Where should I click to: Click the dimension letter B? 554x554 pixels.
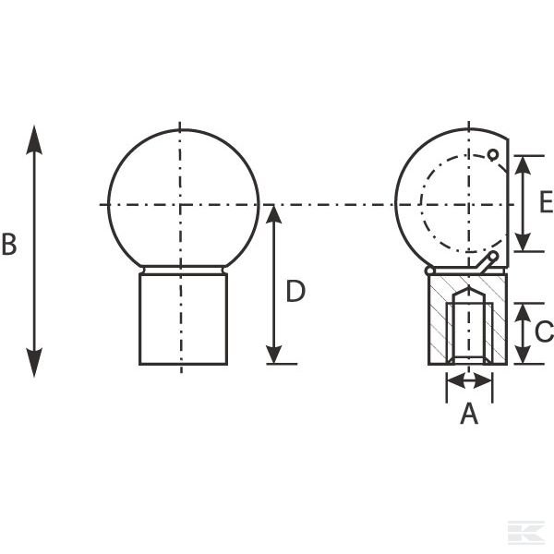(9, 244)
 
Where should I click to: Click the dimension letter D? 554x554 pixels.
(295, 291)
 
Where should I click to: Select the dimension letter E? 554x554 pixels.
(547, 201)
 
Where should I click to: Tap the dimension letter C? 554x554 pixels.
(545, 331)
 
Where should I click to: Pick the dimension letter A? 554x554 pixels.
(469, 413)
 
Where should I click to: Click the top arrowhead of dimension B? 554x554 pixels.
(34, 140)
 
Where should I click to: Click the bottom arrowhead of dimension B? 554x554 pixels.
(34, 363)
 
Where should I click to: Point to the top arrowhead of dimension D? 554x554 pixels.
(274, 214)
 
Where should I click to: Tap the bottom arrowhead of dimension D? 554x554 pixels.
(274, 355)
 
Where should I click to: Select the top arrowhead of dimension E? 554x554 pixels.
(523, 165)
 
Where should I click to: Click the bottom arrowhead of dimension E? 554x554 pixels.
(523, 242)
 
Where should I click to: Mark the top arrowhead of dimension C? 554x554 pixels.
(523, 312)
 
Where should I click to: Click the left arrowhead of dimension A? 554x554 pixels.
(456, 381)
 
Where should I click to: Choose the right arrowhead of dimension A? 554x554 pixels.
(483, 381)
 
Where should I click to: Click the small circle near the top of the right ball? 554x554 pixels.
(493, 155)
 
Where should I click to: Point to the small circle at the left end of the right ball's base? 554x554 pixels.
(429, 271)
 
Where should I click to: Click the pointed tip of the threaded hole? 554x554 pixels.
(469, 287)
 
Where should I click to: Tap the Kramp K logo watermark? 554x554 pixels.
(526, 532)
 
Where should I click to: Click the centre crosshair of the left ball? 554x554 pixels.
(181, 205)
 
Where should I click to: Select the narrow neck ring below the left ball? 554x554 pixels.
(184, 270)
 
